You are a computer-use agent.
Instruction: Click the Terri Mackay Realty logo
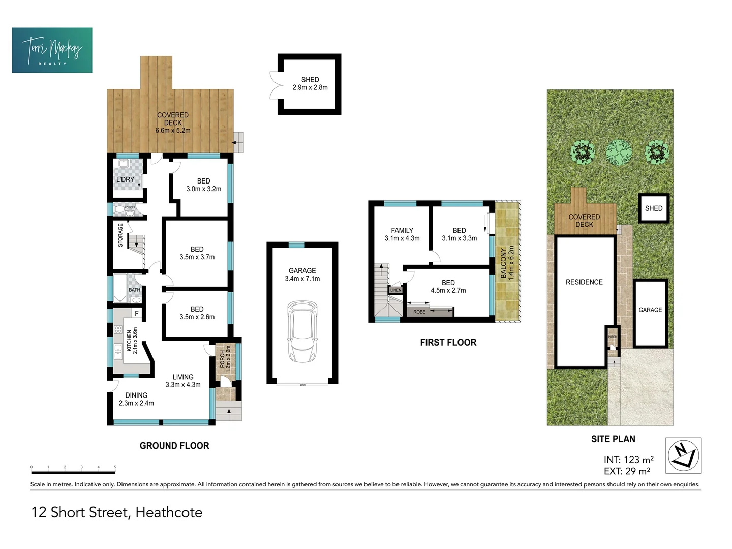(x=52, y=50)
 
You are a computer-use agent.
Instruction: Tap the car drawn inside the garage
(x=302, y=331)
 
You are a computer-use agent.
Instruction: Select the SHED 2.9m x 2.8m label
(x=310, y=84)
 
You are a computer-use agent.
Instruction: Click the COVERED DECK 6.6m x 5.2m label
(x=173, y=123)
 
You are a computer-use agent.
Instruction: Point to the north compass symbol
(x=683, y=455)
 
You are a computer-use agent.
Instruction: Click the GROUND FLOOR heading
(x=174, y=446)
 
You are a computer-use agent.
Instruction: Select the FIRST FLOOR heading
(x=448, y=343)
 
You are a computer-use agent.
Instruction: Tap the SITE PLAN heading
(x=613, y=439)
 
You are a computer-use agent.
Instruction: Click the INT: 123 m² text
(x=628, y=460)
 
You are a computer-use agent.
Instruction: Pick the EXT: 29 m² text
(x=627, y=472)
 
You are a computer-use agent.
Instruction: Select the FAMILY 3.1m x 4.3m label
(x=402, y=234)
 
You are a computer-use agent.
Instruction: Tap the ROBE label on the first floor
(x=419, y=312)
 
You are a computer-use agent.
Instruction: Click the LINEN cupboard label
(x=395, y=290)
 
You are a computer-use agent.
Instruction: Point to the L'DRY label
(x=125, y=179)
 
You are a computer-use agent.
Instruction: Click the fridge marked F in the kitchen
(x=136, y=314)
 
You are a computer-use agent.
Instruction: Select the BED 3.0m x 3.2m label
(x=203, y=185)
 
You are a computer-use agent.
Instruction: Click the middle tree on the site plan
(x=619, y=152)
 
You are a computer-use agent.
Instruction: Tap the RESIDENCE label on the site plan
(x=584, y=282)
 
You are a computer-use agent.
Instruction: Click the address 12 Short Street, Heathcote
(x=116, y=512)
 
